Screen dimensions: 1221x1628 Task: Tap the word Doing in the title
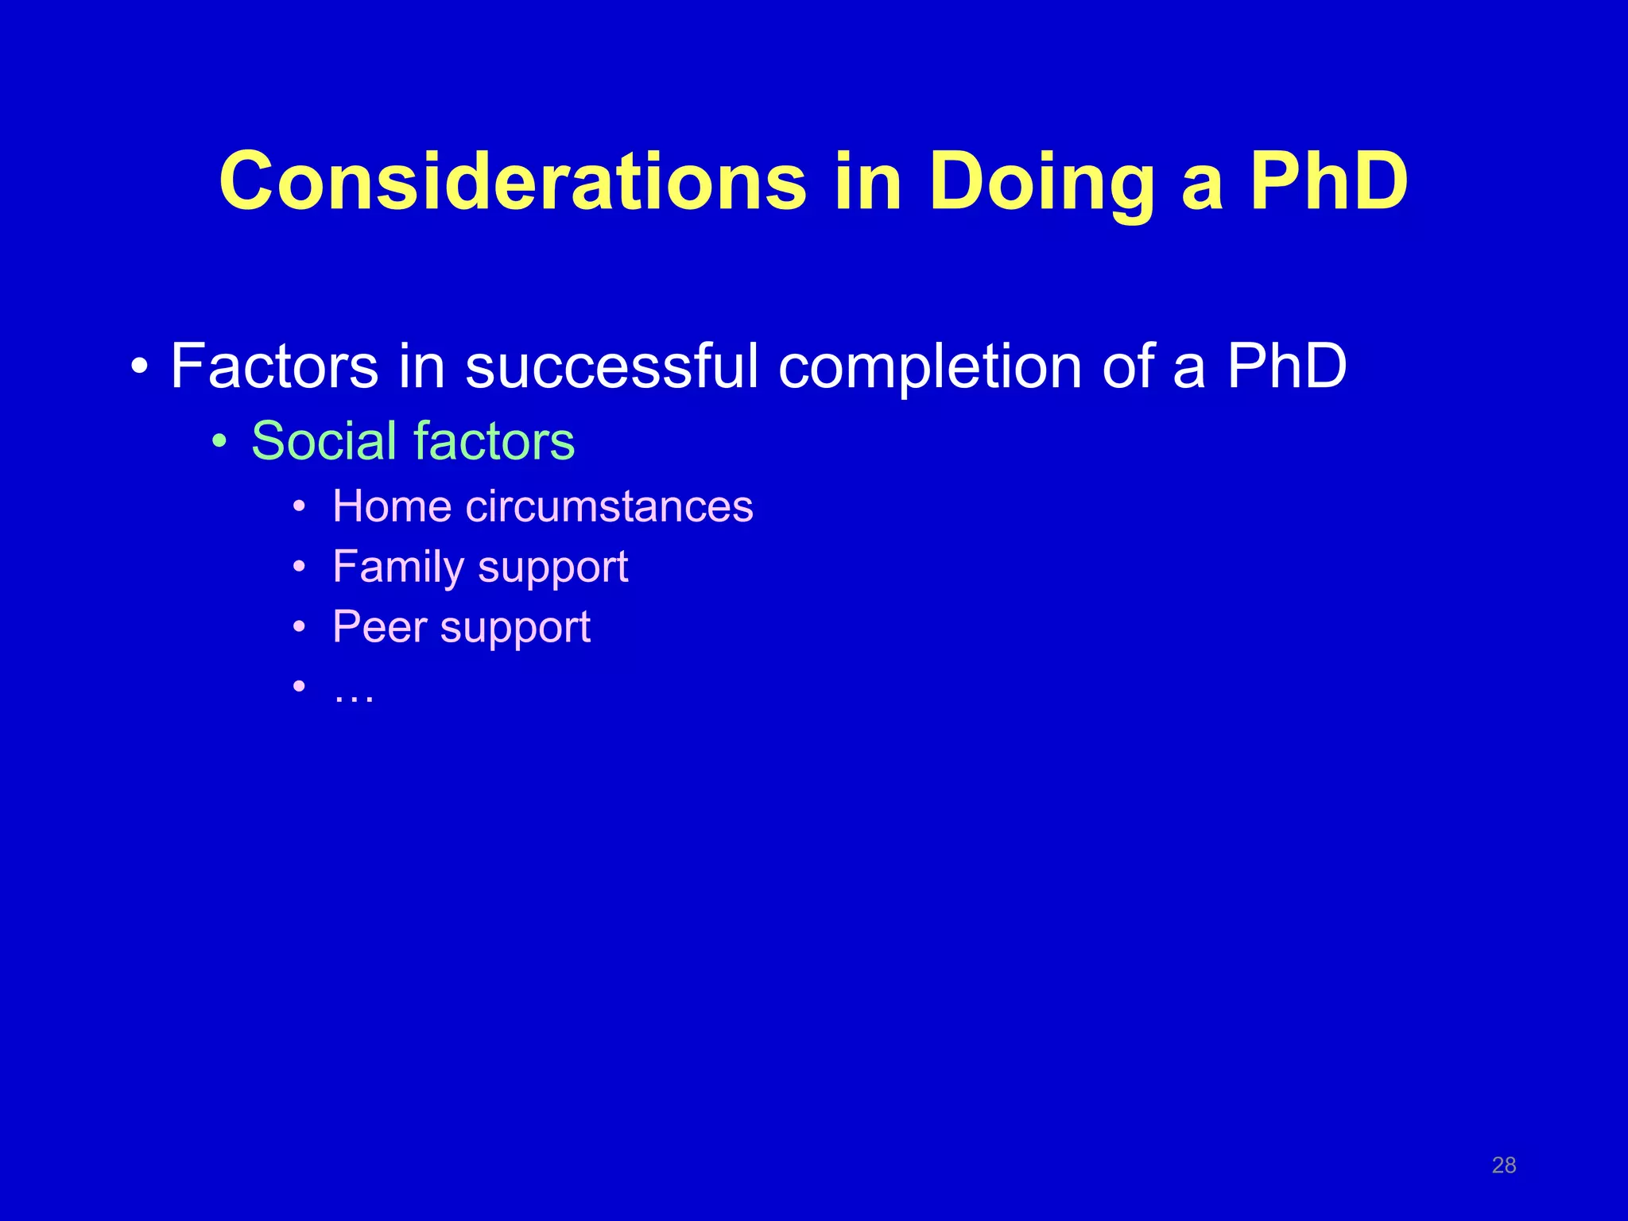[1041, 183]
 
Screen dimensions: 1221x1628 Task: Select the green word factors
[494, 440]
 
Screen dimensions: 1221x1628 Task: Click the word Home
[392, 506]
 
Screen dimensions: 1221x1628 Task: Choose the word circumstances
[609, 506]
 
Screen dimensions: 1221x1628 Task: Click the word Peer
[380, 627]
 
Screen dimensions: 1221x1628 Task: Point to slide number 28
[1503, 1165]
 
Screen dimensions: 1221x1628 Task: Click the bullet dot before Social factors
[219, 441]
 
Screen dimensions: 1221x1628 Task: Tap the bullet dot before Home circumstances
[299, 507]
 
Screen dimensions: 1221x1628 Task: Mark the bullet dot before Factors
[139, 367]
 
